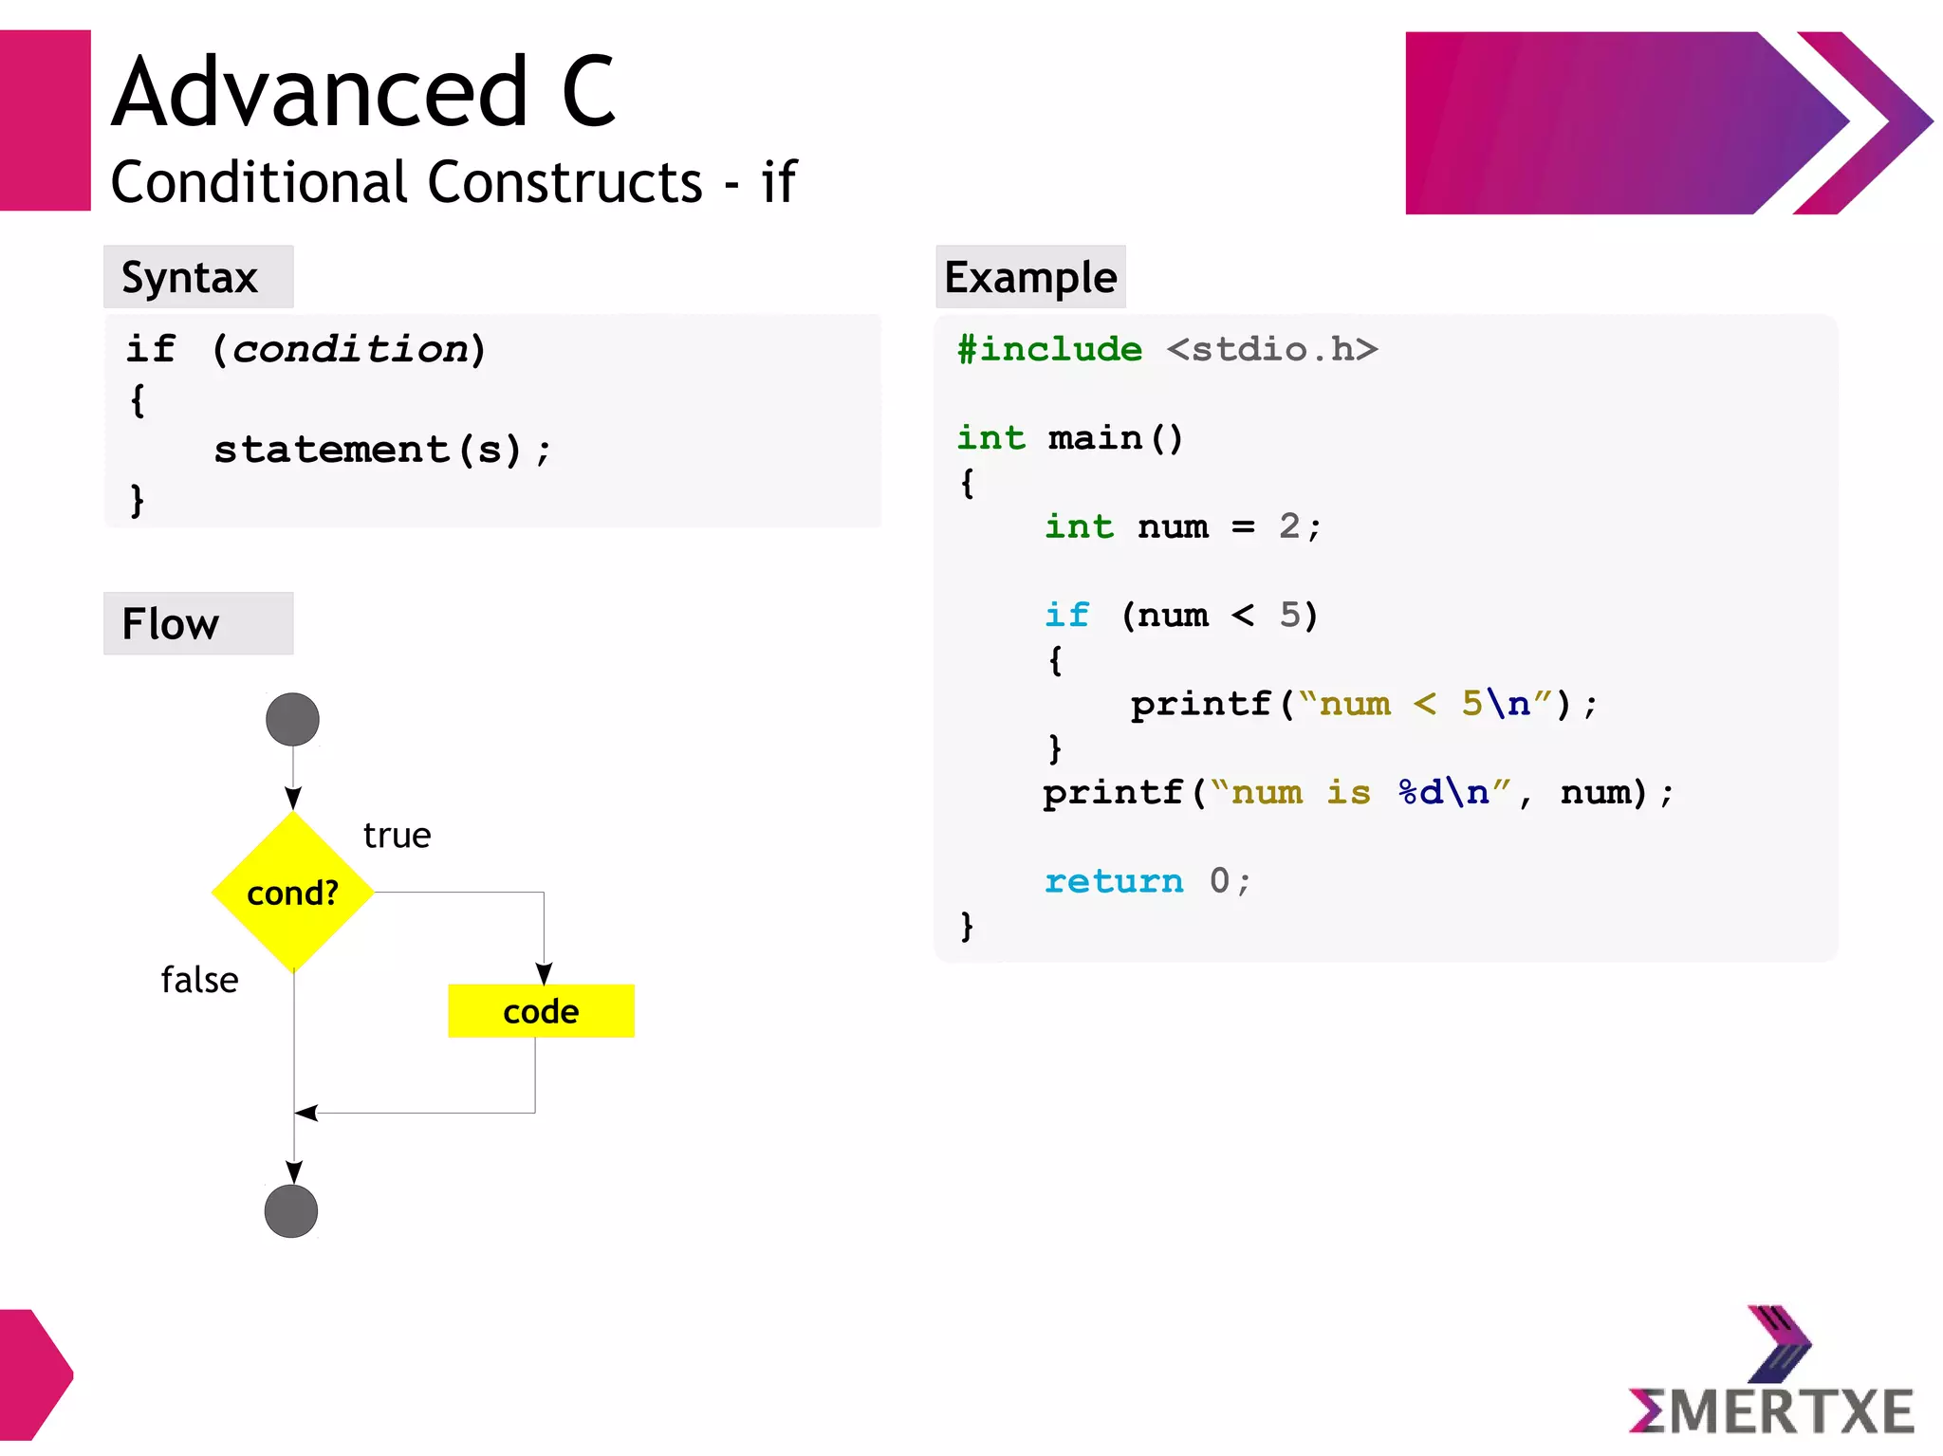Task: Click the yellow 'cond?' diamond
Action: click(x=292, y=893)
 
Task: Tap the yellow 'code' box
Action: click(x=541, y=1011)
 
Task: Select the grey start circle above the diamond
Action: click(x=292, y=720)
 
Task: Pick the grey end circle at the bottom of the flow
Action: click(x=291, y=1211)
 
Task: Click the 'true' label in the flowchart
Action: click(x=397, y=836)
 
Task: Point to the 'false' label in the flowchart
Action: click(x=199, y=980)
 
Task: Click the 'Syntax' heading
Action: click(x=190, y=278)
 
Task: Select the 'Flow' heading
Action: click(x=171, y=624)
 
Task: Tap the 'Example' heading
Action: click(x=1030, y=278)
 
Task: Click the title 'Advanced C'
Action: click(x=364, y=92)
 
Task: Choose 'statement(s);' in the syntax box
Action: click(x=381, y=450)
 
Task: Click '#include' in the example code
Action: click(x=1049, y=350)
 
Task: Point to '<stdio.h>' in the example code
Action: click(x=1272, y=350)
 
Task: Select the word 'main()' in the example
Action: click(x=1116, y=438)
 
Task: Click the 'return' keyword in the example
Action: click(x=1114, y=881)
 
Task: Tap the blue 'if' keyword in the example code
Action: click(x=1067, y=616)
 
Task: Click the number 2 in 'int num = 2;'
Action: click(x=1289, y=526)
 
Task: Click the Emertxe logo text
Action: click(x=1772, y=1411)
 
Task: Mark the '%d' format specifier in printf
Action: click(x=1420, y=792)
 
